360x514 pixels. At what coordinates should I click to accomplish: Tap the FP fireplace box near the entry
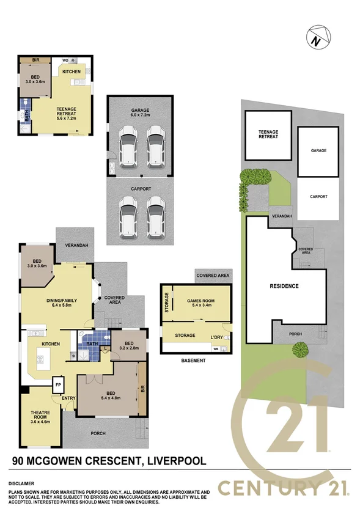[x=59, y=385]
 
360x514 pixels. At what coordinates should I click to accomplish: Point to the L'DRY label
[x=218, y=336]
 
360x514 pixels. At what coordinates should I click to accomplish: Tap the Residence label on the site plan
[x=284, y=286]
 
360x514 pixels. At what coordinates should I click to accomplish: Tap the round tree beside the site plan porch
[x=299, y=350]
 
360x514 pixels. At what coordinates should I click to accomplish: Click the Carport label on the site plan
[x=318, y=196]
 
